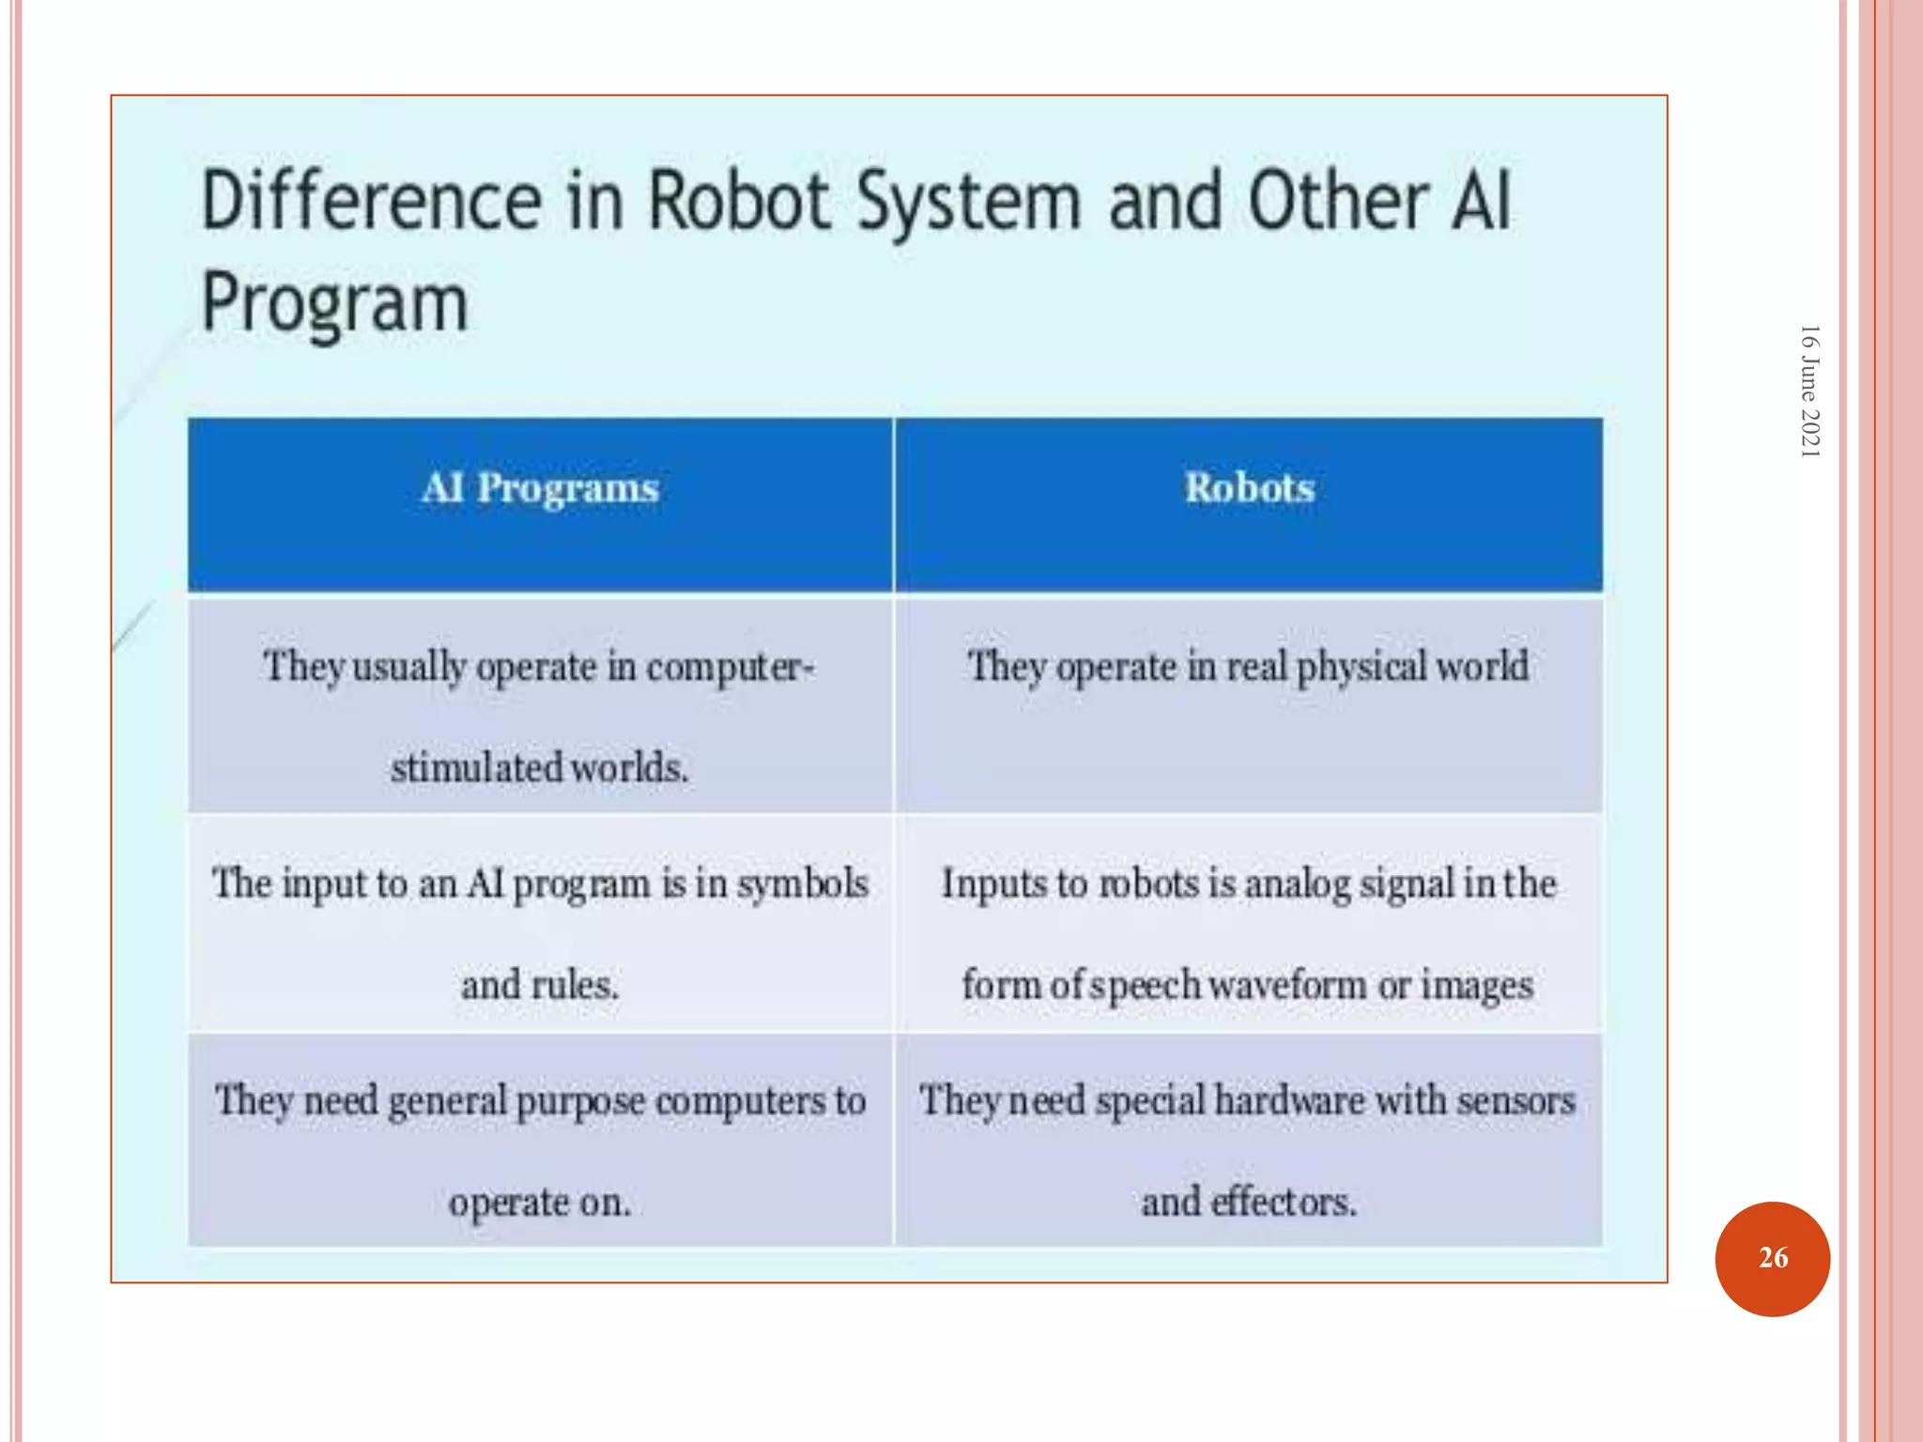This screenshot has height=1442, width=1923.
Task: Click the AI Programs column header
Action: coord(540,488)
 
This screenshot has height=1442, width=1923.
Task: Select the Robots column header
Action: coord(1249,488)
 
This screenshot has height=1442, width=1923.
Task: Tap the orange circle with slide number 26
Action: coord(1772,1258)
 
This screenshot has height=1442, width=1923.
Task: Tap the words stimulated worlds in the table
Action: coord(540,768)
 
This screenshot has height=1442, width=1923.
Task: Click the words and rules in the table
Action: coord(540,985)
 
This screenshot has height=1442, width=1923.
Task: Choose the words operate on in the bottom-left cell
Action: coord(540,1203)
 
